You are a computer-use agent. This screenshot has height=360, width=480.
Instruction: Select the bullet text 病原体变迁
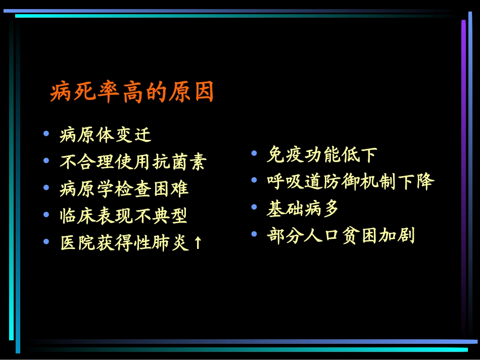coord(105,135)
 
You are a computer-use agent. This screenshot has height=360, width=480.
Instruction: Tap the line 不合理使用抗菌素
coord(133,162)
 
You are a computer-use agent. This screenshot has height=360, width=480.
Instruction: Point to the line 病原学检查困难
coord(124,189)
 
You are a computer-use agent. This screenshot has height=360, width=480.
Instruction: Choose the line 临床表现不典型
coord(123,216)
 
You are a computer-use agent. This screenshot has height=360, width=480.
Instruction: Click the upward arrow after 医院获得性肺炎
coord(198,243)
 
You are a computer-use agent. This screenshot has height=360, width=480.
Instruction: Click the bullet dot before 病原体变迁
coord(46,134)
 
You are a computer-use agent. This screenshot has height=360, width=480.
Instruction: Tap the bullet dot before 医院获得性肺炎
coord(46,242)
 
